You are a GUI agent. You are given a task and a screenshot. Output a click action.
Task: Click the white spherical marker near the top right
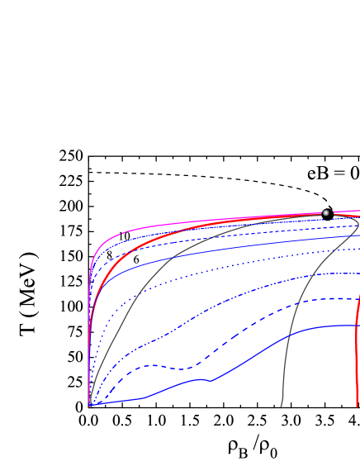tap(325, 213)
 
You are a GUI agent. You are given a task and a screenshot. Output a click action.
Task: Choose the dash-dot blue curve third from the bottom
tap(248, 291)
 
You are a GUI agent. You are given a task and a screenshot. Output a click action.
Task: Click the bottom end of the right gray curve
tap(281, 406)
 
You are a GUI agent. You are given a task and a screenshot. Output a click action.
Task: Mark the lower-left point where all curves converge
tap(89, 406)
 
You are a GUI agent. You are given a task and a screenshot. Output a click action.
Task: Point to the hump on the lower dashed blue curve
tap(147, 365)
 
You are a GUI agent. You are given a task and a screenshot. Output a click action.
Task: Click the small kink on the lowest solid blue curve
tap(211, 380)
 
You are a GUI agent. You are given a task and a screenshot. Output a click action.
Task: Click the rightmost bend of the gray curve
tap(358, 223)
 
